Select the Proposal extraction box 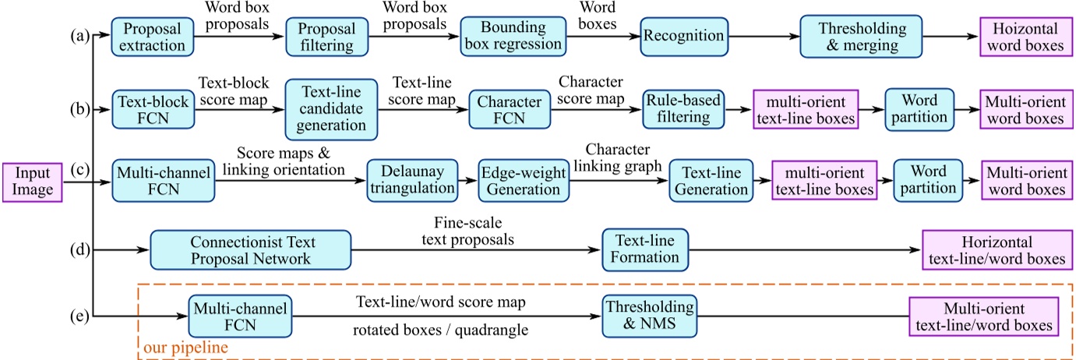point(151,36)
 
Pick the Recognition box point(683,36)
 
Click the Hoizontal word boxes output point(1021,36)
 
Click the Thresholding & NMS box point(648,316)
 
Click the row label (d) point(78,249)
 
